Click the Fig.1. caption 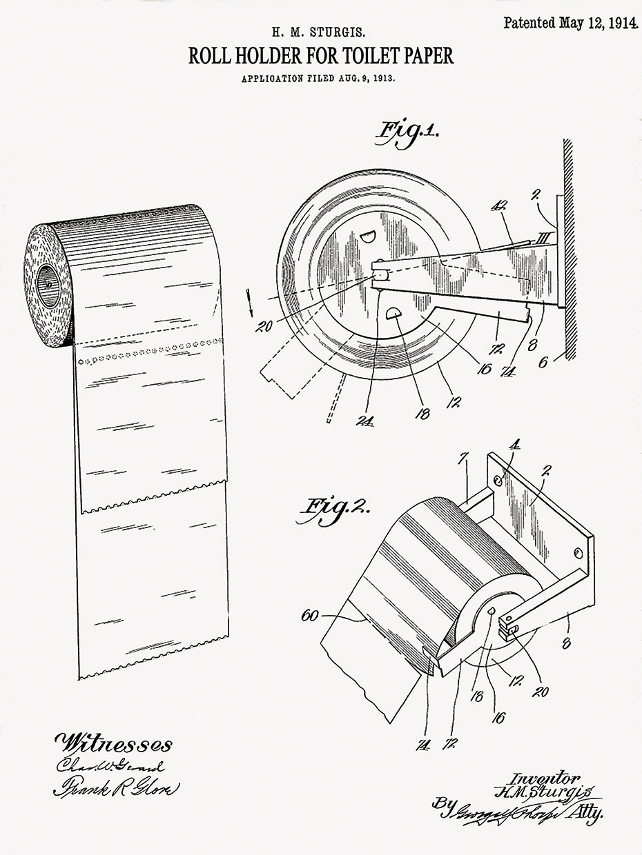tap(407, 132)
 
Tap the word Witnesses tap(114, 743)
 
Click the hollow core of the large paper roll tap(48, 283)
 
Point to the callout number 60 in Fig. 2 tap(310, 615)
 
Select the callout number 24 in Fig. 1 tap(364, 420)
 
